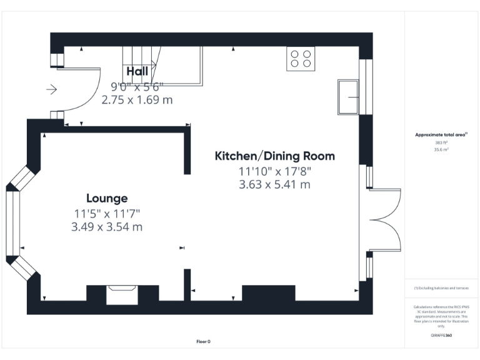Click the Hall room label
coord(137,71)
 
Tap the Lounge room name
coord(107,198)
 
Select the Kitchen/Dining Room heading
coord(275,156)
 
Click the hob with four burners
coord(301,58)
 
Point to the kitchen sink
coord(348,97)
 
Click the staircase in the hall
coord(161,66)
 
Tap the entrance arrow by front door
coord(51,90)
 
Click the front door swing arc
coord(84,94)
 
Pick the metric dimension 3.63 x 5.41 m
coord(275,184)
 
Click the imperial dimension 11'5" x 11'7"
coord(107,214)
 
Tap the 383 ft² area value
coord(442,142)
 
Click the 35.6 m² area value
coord(442,149)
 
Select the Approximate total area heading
coord(441,134)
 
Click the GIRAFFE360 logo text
coord(441,336)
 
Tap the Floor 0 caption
coord(203,341)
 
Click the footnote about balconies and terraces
coord(441,287)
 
